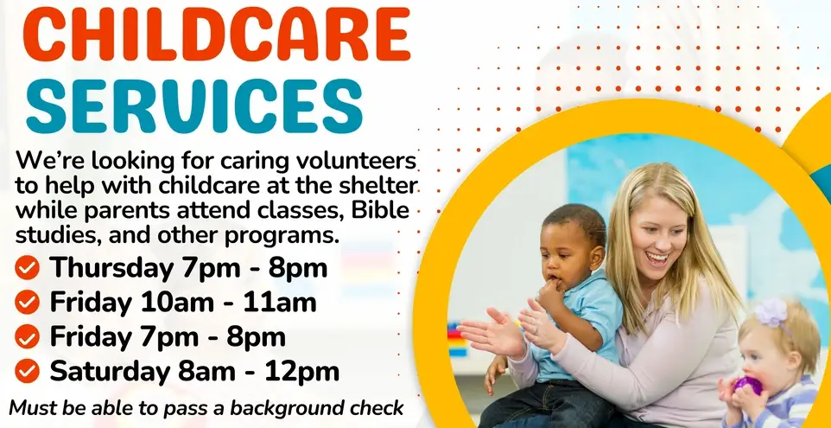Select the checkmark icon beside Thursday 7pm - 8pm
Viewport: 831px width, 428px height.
[28, 268]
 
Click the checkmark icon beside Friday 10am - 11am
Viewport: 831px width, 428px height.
[28, 302]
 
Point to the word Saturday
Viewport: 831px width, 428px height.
[109, 371]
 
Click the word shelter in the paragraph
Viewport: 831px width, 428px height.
[381, 186]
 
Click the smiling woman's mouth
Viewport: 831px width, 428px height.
[658, 257]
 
